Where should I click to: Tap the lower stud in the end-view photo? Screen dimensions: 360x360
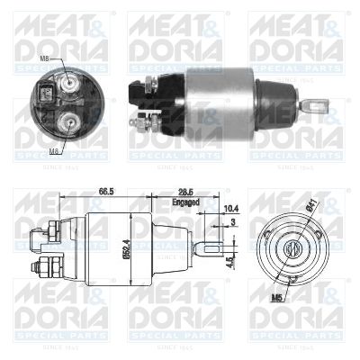(x=65, y=121)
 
